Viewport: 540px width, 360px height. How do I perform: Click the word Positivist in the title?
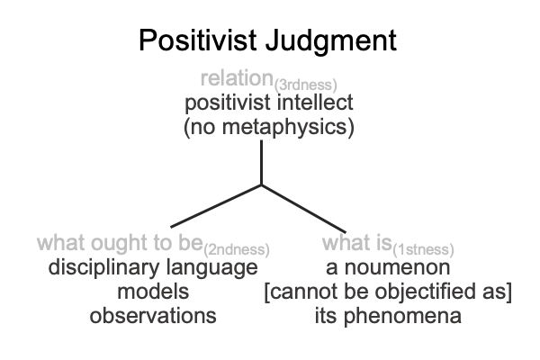click(198, 40)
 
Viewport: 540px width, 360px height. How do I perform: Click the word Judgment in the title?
click(331, 42)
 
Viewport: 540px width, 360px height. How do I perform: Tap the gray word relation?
click(237, 78)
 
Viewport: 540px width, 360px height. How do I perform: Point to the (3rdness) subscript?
click(305, 85)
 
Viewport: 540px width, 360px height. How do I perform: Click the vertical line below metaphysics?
click(261, 163)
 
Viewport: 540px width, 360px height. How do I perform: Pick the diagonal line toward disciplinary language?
click(216, 206)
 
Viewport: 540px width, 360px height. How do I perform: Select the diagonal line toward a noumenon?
click(303, 209)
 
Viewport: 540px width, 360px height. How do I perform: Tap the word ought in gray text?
click(120, 244)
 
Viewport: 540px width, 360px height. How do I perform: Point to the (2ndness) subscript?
click(237, 250)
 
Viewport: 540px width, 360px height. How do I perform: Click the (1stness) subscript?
click(423, 250)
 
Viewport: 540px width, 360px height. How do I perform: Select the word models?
click(153, 292)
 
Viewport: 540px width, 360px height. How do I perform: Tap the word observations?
click(153, 316)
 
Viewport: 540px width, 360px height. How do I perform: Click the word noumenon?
click(397, 268)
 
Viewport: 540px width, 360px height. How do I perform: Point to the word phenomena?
click(402, 317)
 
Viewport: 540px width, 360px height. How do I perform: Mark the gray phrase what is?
click(357, 242)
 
